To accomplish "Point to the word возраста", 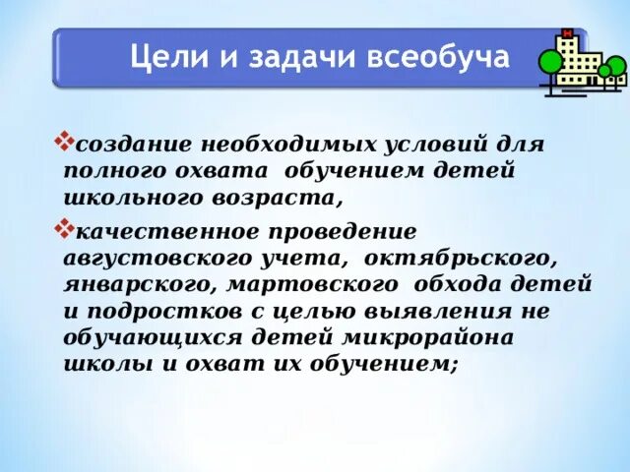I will click(x=280, y=198).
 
